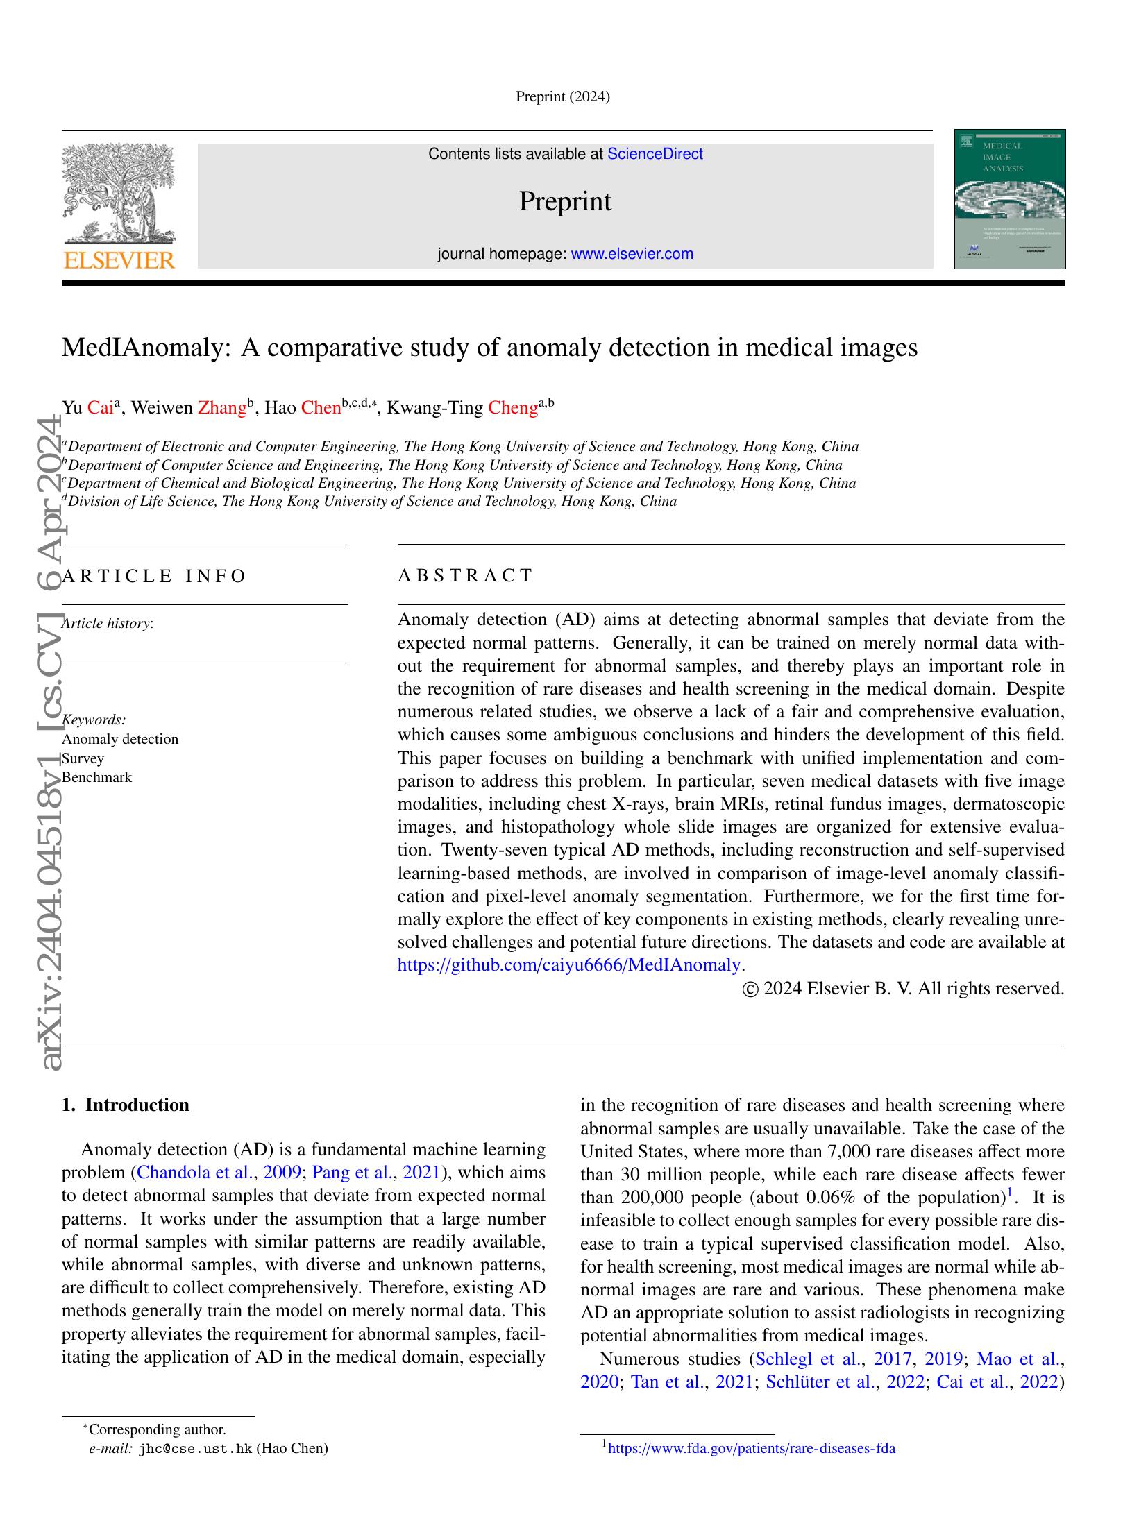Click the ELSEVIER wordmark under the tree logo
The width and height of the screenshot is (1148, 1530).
(119, 261)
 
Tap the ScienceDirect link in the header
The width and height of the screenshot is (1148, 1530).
(655, 154)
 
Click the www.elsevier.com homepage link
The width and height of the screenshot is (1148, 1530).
(632, 254)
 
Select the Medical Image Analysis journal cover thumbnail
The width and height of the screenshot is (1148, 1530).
(1009, 199)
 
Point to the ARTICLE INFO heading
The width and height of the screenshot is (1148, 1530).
(154, 576)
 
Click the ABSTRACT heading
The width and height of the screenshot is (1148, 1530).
(465, 575)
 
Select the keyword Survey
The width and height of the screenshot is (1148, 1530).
(83, 758)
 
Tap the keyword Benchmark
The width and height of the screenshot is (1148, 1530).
(96, 777)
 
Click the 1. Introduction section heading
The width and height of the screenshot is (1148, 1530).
(126, 1105)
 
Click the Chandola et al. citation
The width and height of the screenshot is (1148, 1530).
(196, 1173)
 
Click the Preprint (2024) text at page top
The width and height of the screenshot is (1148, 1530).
(562, 97)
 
